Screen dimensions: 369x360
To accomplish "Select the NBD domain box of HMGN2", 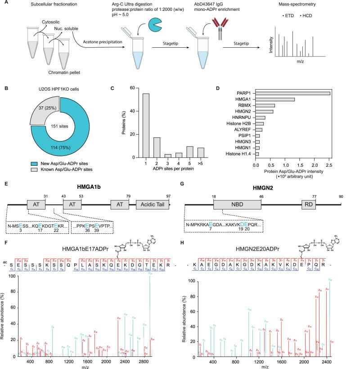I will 237,204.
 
